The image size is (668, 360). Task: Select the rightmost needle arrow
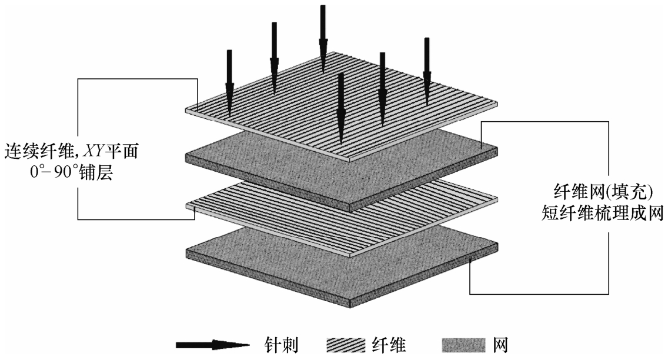pos(427,65)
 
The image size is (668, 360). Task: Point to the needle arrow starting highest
pos(323,35)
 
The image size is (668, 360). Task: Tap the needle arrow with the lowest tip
pos(340,109)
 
